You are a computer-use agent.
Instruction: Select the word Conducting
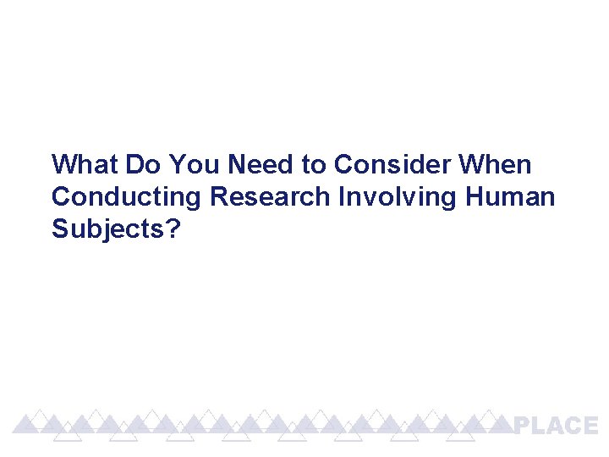point(127,197)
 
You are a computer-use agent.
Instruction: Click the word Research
point(270,197)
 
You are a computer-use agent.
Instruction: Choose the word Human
point(510,197)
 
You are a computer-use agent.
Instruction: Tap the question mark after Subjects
point(173,229)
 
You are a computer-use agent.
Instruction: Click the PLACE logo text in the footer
point(556,426)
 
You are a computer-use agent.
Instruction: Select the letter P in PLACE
point(524,426)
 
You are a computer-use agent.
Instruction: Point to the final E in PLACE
point(589,426)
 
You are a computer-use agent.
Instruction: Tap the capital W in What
point(63,163)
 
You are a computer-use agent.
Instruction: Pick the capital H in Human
point(475,197)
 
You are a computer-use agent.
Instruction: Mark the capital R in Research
point(219,197)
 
